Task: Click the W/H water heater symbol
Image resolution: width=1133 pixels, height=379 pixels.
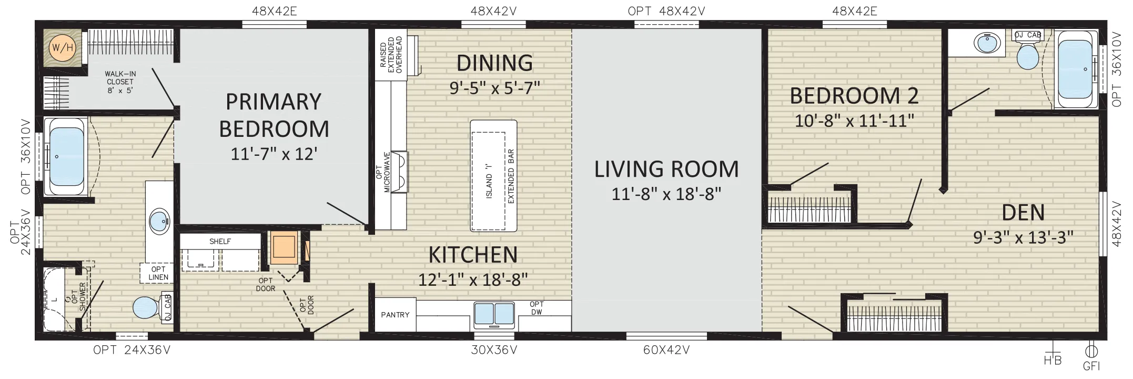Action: point(62,48)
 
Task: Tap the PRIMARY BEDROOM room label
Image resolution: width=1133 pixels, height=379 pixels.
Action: point(274,115)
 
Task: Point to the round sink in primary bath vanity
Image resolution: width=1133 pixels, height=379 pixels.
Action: point(159,221)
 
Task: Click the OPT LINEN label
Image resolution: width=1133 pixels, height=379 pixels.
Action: point(158,273)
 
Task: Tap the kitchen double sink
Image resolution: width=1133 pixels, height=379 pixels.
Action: point(494,314)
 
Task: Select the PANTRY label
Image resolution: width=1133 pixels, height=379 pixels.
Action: point(395,315)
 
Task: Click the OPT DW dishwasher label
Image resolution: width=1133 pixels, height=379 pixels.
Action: point(537,308)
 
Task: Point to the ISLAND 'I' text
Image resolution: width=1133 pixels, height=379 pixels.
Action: point(489,180)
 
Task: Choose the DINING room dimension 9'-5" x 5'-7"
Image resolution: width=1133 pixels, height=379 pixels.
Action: point(495,87)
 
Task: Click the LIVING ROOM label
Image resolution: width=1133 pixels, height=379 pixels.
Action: point(666,169)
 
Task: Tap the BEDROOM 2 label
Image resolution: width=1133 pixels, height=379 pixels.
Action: point(854,96)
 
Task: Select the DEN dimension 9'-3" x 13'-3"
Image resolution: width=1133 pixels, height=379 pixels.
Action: point(1023,237)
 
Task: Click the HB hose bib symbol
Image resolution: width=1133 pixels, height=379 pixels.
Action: point(1053,354)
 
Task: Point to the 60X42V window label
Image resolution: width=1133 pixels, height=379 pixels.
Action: point(666,350)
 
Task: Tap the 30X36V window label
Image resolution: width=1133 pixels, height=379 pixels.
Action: point(494,350)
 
